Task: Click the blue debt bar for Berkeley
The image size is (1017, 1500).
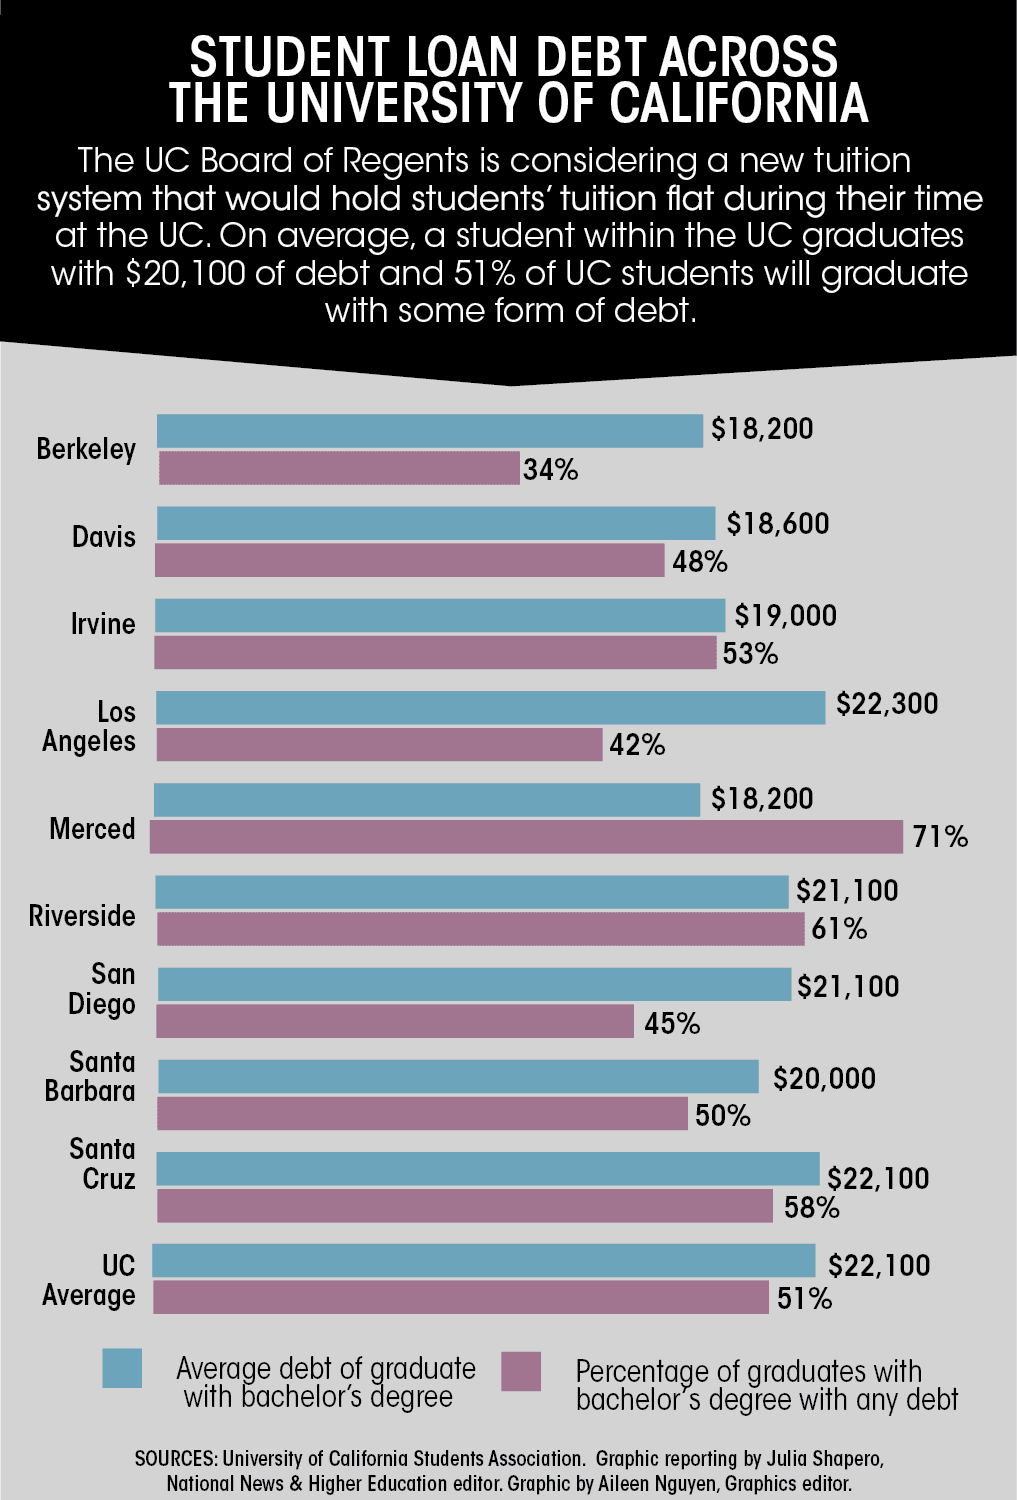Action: (x=430, y=431)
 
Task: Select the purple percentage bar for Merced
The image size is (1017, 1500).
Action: (x=527, y=837)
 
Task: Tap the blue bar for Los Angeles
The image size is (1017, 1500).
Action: (x=490, y=707)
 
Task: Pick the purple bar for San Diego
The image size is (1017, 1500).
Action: (x=395, y=1022)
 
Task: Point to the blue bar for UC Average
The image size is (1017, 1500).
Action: (x=484, y=1261)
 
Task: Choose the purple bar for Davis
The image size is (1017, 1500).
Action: (x=410, y=561)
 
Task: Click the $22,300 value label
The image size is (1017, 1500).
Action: (x=887, y=704)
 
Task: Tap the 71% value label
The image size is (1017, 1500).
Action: (x=940, y=837)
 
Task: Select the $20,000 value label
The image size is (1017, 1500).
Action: (x=824, y=1079)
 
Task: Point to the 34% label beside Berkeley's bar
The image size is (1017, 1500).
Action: (x=551, y=470)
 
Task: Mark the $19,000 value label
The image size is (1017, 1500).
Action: (x=786, y=616)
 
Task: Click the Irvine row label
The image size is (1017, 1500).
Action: (x=103, y=624)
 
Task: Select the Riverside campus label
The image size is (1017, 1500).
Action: (x=82, y=916)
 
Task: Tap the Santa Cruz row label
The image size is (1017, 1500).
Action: (x=103, y=1164)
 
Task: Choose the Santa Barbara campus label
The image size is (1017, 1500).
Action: (x=90, y=1076)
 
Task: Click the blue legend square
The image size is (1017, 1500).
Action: (x=122, y=1368)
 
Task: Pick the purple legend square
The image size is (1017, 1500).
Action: (x=521, y=1371)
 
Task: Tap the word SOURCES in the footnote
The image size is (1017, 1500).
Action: (x=175, y=1459)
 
